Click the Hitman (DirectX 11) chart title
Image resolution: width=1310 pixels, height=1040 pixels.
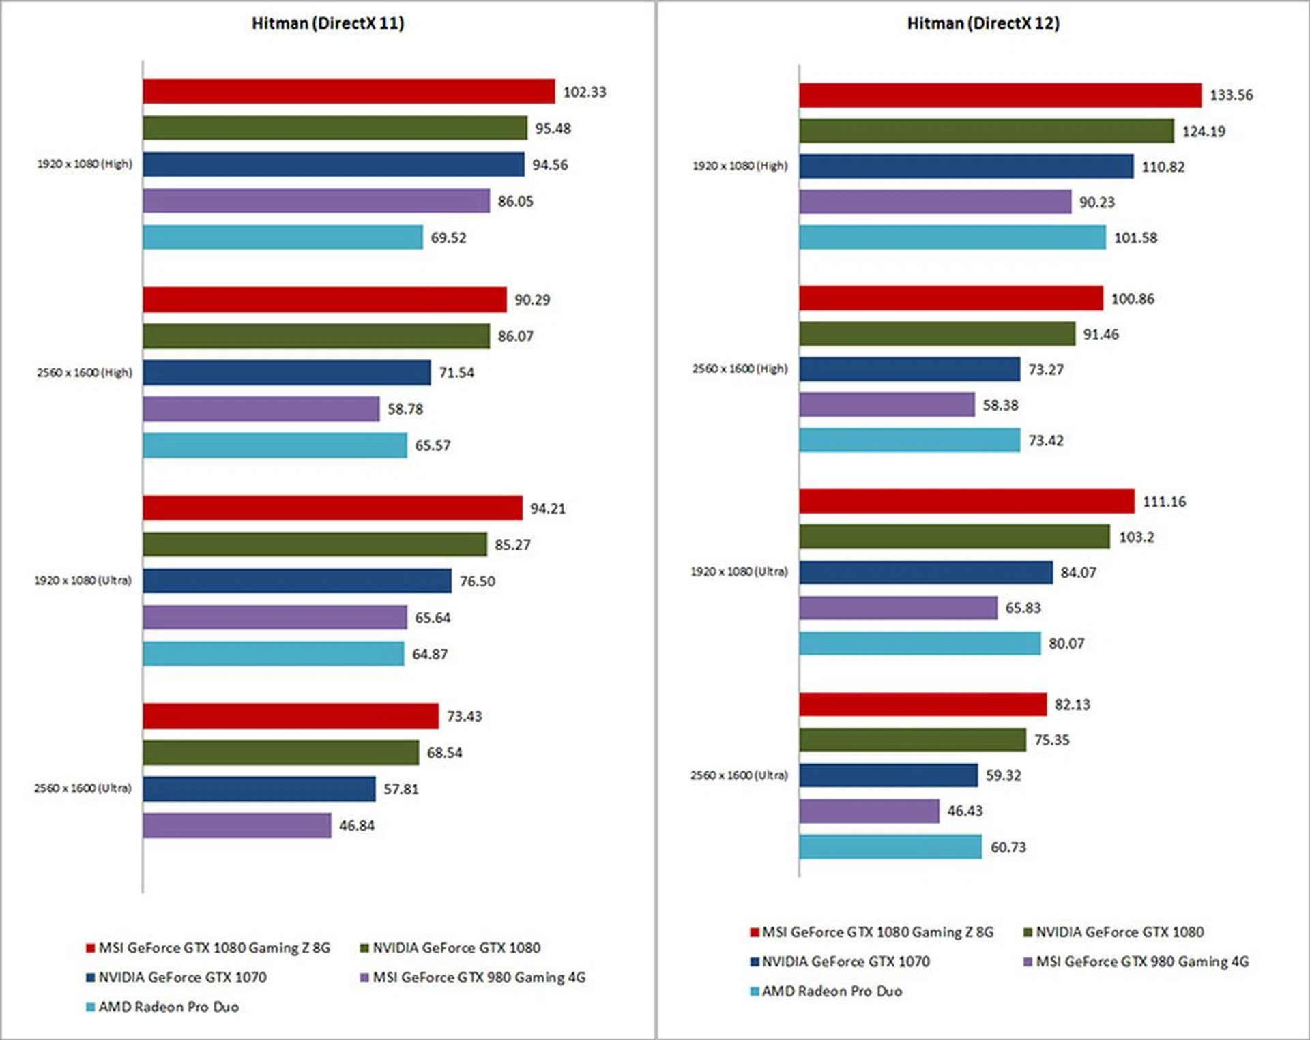[327, 23]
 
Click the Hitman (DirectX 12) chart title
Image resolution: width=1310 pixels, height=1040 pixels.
[982, 23]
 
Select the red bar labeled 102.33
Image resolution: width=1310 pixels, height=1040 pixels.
[349, 91]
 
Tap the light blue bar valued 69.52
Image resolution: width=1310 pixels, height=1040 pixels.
[282, 237]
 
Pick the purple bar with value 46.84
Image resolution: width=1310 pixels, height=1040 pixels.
[237, 825]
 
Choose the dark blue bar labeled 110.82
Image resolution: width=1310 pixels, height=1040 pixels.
[966, 166]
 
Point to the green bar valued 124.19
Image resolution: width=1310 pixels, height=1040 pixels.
[987, 131]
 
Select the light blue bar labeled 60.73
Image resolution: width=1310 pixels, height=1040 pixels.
[890, 847]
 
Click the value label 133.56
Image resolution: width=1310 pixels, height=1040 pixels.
[1231, 95]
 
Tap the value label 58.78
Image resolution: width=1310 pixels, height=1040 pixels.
[405, 409]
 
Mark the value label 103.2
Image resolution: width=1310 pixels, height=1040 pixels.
[1136, 537]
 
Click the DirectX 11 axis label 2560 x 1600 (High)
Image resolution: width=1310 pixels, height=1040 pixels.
[85, 372]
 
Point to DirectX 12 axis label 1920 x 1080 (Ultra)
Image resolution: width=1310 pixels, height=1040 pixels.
[739, 571]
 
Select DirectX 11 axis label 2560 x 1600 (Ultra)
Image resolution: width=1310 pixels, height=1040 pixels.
[83, 788]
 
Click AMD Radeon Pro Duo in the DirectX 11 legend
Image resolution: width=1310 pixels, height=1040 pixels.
[169, 1007]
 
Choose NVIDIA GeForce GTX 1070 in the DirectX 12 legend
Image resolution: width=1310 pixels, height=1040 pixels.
[845, 962]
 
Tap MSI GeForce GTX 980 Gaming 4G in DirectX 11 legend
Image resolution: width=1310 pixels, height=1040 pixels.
[478, 977]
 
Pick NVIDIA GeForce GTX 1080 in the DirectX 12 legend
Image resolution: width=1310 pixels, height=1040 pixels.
[1120, 932]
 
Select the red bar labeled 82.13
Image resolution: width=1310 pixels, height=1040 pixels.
[922, 704]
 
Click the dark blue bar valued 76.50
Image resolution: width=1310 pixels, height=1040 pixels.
[297, 581]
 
